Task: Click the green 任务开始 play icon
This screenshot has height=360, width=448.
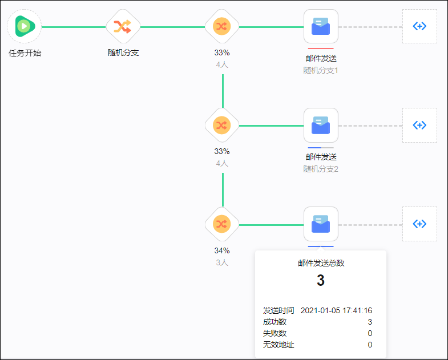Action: (24, 26)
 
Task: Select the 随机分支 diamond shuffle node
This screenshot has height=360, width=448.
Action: (123, 26)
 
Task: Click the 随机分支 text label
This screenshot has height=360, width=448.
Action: (123, 52)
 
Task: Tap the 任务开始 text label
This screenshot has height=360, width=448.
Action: (25, 53)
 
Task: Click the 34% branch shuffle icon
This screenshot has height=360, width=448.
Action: (222, 224)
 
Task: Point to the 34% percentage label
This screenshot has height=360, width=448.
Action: (222, 250)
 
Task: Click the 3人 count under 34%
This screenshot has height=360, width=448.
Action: (222, 262)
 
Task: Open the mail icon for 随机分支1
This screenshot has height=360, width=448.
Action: (321, 26)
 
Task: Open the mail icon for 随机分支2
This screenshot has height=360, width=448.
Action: (321, 125)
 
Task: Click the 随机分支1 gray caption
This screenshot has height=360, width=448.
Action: (321, 70)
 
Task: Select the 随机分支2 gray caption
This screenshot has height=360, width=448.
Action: (321, 169)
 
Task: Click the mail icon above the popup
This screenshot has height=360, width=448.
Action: (321, 224)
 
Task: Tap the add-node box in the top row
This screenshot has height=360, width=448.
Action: (419, 26)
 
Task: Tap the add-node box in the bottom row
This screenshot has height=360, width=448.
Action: (419, 224)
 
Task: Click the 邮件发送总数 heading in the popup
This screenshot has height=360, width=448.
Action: (321, 263)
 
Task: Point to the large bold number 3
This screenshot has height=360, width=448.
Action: (321, 281)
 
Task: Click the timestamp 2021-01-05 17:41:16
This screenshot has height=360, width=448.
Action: (336, 310)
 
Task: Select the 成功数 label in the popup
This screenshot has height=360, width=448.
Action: (275, 322)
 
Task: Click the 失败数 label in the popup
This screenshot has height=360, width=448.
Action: (275, 333)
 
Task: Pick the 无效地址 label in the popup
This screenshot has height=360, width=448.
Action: (279, 345)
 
